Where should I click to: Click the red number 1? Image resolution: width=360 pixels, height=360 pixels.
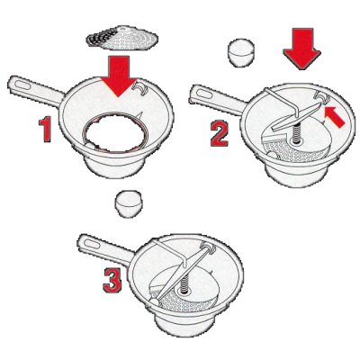pyautogui.click(x=45, y=130)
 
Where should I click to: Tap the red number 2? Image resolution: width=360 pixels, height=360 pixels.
pyautogui.click(x=220, y=134)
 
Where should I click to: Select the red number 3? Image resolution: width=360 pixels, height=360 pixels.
pyautogui.click(x=112, y=280)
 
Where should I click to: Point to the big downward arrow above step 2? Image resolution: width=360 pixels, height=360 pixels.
pyautogui.click(x=301, y=49)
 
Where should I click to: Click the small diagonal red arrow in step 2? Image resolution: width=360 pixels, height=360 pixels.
pyautogui.click(x=335, y=117)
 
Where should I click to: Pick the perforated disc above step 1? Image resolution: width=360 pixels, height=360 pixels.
pyautogui.click(x=121, y=38)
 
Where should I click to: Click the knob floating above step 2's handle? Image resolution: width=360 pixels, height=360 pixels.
pyautogui.click(x=241, y=52)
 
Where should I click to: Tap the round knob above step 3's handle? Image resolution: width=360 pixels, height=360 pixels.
pyautogui.click(x=129, y=203)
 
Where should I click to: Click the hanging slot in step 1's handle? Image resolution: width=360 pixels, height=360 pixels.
pyautogui.click(x=22, y=85)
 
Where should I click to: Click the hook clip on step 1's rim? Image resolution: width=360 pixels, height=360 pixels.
pyautogui.click(x=139, y=86)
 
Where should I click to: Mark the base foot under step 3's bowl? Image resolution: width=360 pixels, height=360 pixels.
pyautogui.click(x=185, y=325)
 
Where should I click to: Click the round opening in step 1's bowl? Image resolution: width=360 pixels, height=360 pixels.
pyautogui.click(x=116, y=131)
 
